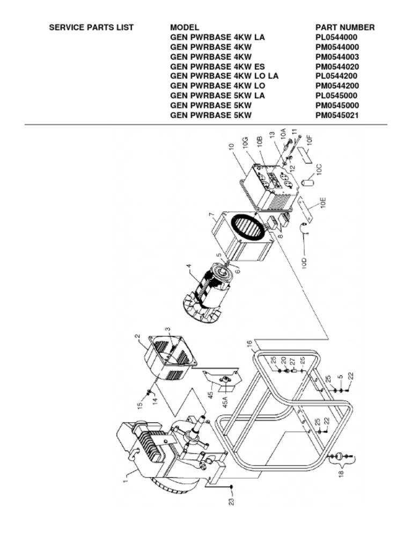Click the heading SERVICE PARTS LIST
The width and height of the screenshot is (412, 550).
point(91,27)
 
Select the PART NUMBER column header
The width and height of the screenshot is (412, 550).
point(345,27)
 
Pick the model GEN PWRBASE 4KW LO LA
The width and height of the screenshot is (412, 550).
point(224,76)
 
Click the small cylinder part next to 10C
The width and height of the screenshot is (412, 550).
point(308,183)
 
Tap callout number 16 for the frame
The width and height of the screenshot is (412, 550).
point(250,344)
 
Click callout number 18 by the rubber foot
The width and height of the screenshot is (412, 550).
point(341,474)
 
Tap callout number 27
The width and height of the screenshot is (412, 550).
point(292,361)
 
